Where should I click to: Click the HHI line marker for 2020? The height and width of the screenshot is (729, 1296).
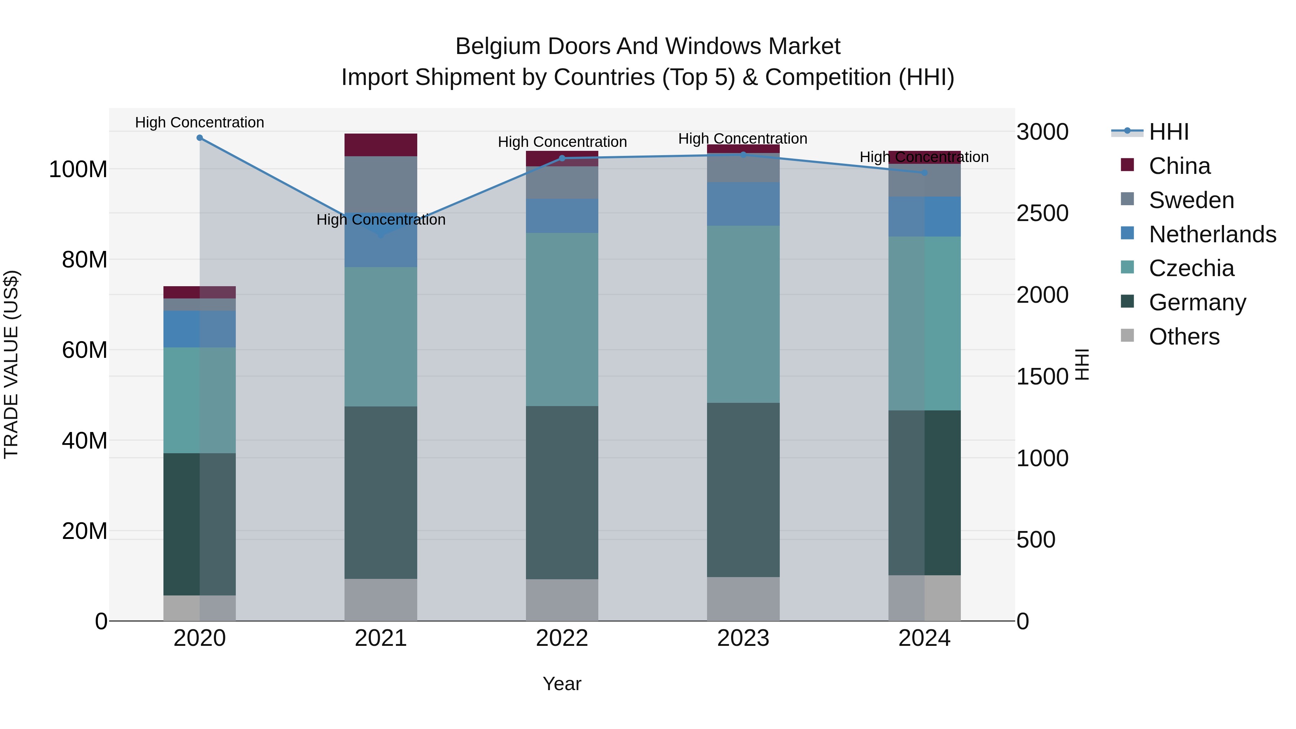(200, 138)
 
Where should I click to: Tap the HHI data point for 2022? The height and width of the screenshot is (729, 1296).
(562, 158)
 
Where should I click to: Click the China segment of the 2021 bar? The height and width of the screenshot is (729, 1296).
(381, 145)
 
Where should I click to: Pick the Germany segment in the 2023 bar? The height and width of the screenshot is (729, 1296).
(743, 490)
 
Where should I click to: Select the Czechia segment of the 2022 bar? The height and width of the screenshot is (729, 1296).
(562, 319)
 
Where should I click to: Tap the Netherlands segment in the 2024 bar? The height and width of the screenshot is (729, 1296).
(924, 216)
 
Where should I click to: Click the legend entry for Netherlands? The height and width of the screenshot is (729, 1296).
(1211, 234)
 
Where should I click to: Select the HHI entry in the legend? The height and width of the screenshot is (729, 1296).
(1168, 132)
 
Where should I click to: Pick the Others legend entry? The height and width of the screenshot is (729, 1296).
(1183, 337)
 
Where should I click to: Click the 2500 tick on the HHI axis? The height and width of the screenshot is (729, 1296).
(1042, 213)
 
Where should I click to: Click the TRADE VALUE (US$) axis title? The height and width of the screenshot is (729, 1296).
(12, 364)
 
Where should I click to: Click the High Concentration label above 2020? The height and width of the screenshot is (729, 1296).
(200, 122)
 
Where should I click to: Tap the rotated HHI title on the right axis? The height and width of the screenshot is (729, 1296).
(1082, 364)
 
